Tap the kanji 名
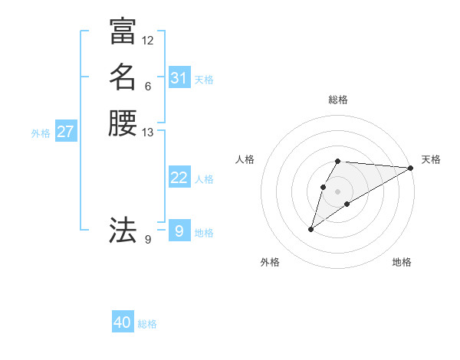pos(123,77)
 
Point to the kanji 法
pos(123,229)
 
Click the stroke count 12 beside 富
pos(147,40)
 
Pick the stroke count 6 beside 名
pos(147,86)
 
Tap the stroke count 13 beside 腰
pos(147,133)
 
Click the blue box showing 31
pos(179,78)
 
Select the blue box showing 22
pos(179,178)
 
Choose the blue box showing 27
pos(65,132)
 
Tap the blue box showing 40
pos(123,322)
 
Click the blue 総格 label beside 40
pos(147,324)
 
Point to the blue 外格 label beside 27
pos(41,133)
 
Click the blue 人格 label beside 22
pos(204,179)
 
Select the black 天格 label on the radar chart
pos(431,159)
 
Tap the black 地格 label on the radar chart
pos(402,262)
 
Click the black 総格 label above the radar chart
pos(338,100)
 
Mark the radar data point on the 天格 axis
pos(411,168)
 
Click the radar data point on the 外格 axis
pos(311,229)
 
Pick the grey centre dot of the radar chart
pos(338,191)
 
